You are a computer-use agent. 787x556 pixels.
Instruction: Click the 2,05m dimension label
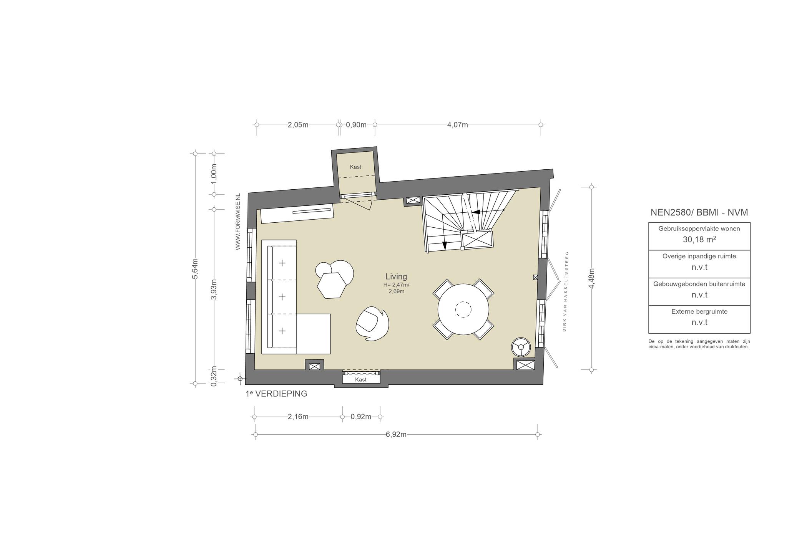click(x=298, y=125)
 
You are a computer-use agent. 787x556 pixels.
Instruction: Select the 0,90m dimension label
click(x=356, y=125)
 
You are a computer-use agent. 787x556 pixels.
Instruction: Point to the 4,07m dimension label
click(x=457, y=125)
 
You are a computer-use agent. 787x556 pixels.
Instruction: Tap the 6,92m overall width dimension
click(x=396, y=434)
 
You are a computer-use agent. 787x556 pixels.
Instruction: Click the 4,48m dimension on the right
click(x=591, y=278)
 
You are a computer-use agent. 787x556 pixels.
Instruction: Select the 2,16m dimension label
click(x=298, y=417)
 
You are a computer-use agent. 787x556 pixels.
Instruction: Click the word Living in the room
click(x=396, y=276)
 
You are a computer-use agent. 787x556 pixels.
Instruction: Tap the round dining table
click(x=463, y=309)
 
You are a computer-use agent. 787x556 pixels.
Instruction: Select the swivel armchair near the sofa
click(x=372, y=324)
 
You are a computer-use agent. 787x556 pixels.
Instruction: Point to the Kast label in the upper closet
click(x=355, y=167)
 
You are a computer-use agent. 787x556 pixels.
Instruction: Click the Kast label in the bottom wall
click(x=361, y=379)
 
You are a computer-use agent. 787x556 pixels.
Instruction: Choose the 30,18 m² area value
click(x=699, y=240)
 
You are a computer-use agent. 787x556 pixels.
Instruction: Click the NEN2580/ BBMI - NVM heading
click(x=699, y=212)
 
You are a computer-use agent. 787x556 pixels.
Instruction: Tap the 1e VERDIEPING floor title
click(x=276, y=394)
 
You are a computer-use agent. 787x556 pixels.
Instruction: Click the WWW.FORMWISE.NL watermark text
click(x=238, y=222)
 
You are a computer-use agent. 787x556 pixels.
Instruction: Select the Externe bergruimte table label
click(x=699, y=311)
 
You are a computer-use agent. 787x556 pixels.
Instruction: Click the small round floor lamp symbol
click(x=521, y=347)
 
